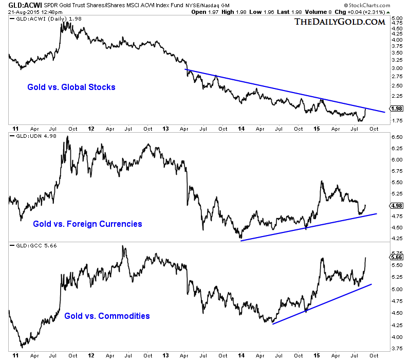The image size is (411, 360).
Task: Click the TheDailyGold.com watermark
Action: (340, 22)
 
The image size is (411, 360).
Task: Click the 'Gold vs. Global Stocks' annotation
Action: (71, 87)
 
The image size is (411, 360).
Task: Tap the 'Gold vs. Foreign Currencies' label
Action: (87, 224)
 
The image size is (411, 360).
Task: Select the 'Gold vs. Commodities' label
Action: (107, 315)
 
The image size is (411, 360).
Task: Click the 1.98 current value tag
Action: (396, 109)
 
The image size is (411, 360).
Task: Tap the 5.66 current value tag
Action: (396, 257)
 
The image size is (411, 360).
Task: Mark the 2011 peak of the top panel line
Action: (63, 22)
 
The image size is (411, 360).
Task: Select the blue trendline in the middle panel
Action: (308, 226)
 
